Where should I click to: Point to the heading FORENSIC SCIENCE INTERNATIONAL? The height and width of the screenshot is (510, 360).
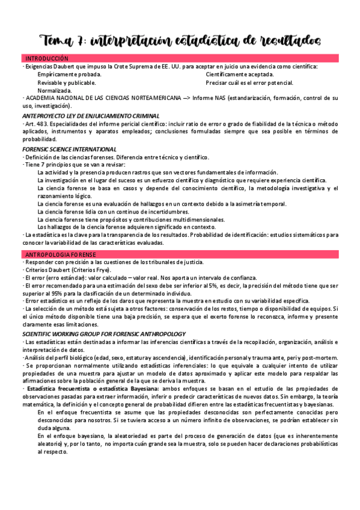click(69, 149)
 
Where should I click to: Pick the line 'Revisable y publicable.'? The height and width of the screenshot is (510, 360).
click(67, 82)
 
